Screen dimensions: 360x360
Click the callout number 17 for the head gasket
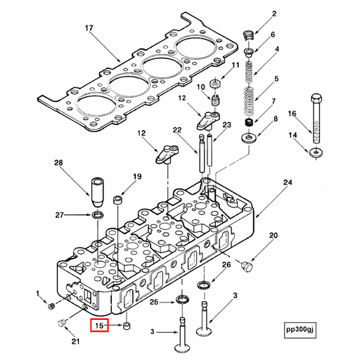(x=89, y=28)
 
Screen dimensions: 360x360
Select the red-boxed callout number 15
(x=99, y=326)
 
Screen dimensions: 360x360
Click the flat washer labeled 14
(x=316, y=153)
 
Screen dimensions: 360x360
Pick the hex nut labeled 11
(x=214, y=84)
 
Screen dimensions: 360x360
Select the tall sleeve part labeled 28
(x=97, y=192)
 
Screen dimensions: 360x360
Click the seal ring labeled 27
(x=98, y=214)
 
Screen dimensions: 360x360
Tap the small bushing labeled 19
(x=117, y=200)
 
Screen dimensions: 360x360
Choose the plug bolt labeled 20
(x=247, y=266)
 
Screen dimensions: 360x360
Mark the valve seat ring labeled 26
(x=204, y=285)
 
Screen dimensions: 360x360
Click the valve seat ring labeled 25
(x=182, y=300)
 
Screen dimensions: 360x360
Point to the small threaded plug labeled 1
(x=51, y=307)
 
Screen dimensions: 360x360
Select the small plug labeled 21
(x=62, y=323)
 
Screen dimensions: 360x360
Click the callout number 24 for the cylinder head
(x=288, y=182)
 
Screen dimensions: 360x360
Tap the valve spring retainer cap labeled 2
(x=249, y=36)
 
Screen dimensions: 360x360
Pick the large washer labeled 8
(x=249, y=138)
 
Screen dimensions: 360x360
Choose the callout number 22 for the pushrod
(x=177, y=130)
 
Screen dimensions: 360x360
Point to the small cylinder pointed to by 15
(x=127, y=326)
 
